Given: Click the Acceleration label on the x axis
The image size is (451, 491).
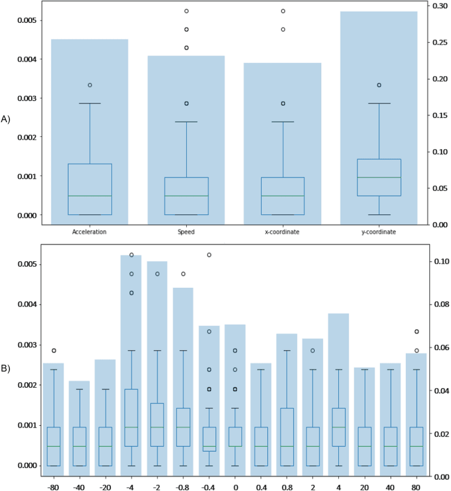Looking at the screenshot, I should coord(90,232).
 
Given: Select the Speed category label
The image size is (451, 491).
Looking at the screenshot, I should coord(186,232).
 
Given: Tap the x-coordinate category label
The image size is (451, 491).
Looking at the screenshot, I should coord(282,232).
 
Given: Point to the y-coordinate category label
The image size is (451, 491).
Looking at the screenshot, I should coord(379,232).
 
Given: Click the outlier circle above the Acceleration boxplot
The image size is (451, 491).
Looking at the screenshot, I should coord(90,85).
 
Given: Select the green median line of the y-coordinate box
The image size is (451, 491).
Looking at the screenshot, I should coord(379,177).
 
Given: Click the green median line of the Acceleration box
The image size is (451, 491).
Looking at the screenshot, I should coord(90,196).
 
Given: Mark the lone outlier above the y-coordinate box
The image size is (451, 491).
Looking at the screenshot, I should coord(379,85).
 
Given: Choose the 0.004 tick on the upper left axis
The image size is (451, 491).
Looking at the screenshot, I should coord(14,59).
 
